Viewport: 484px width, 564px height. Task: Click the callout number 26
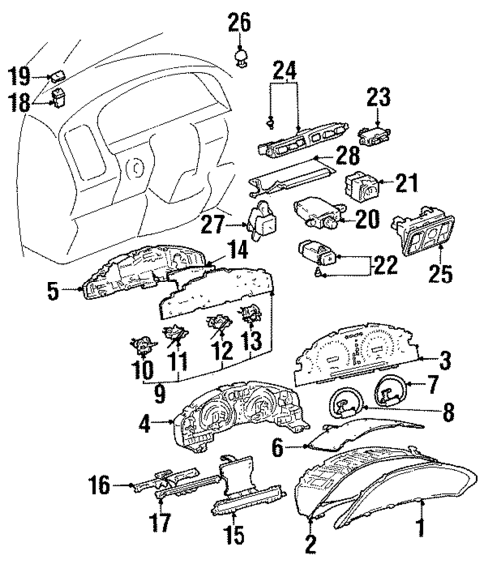click(x=239, y=21)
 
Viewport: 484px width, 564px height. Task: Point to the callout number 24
click(x=284, y=71)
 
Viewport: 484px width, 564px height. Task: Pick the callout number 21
click(x=404, y=185)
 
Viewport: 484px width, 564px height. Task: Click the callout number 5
click(x=52, y=292)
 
